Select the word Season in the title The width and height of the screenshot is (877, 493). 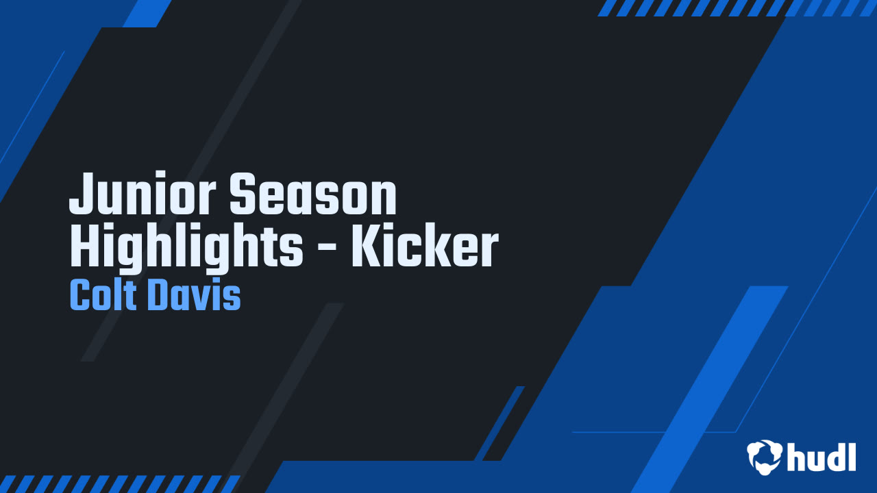[312, 195]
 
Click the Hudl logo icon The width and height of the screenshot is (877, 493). [765, 456]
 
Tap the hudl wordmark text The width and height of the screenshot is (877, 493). [822, 456]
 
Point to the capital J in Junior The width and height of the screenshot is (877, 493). [81, 195]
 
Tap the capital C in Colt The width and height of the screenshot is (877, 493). [80, 296]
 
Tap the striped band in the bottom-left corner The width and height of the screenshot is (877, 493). [120, 483]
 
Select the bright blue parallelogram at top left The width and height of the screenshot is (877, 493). [147, 13]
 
